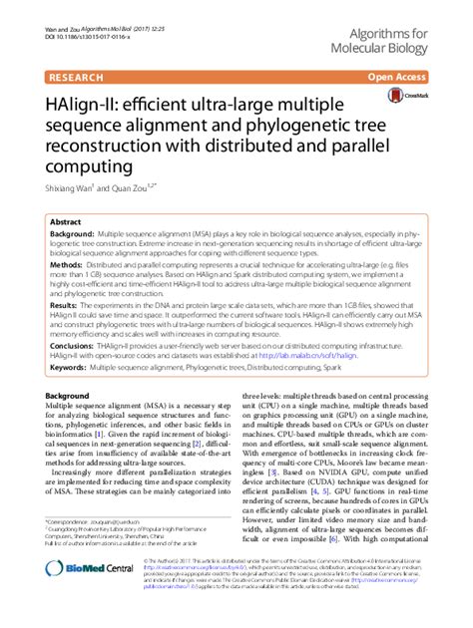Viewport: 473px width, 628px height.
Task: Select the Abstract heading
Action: point(66,221)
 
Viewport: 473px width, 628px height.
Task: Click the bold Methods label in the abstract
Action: point(67,267)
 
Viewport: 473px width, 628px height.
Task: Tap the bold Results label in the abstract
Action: point(64,304)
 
